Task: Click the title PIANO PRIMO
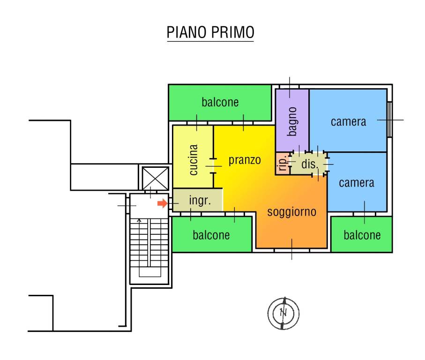tap(210, 32)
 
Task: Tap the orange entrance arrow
tap(162, 203)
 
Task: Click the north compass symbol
tap(283, 313)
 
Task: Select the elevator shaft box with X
tap(155, 177)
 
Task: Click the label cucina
tap(194, 160)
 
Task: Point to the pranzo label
tap(245, 160)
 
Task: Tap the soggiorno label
tap(291, 211)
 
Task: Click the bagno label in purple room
tap(292, 121)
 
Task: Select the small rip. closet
tap(282, 164)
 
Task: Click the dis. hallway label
tap(310, 165)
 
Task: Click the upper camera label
tap(348, 122)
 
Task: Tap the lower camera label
tap(357, 183)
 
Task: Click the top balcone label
tap(220, 102)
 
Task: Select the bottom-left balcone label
tap(211, 235)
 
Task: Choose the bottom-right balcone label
tap(362, 235)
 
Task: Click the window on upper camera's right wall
tap(390, 120)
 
